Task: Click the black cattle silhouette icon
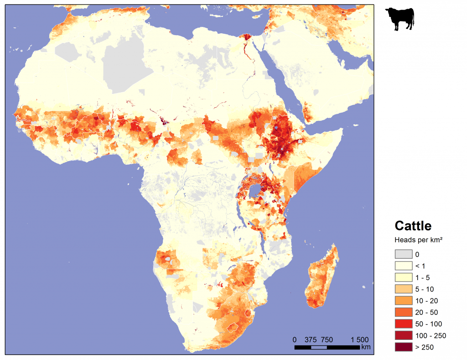[400, 20]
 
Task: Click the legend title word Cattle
[413, 226]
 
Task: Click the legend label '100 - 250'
[430, 336]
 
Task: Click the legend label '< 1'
[420, 266]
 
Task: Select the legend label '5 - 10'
[425, 289]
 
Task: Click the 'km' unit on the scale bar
[365, 348]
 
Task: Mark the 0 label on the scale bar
[295, 340]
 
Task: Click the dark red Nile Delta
[248, 38]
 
